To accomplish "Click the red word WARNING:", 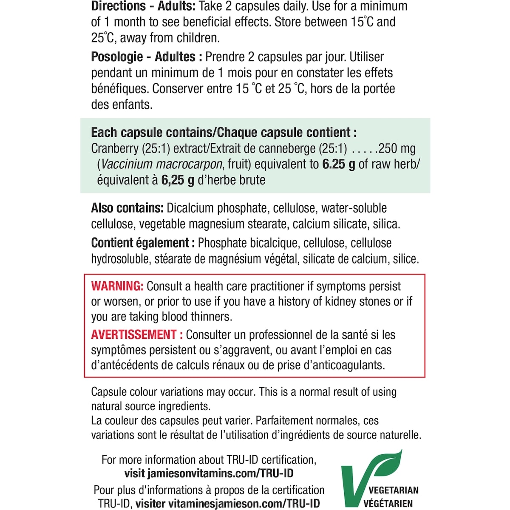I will pos(117,286).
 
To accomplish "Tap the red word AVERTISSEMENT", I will pos(133,335).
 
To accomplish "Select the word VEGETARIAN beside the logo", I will pos(394,490).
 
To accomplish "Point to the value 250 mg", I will pos(397,149).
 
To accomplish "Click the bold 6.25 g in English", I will pos(339,164).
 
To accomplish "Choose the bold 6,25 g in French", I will pos(178,180).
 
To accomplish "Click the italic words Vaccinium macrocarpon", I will pos(162,164).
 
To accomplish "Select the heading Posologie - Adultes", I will pos(143,57).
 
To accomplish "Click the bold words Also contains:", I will pos(127,208).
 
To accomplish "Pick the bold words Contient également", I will pos(140,243).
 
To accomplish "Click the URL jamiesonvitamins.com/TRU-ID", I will pos(220,473).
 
